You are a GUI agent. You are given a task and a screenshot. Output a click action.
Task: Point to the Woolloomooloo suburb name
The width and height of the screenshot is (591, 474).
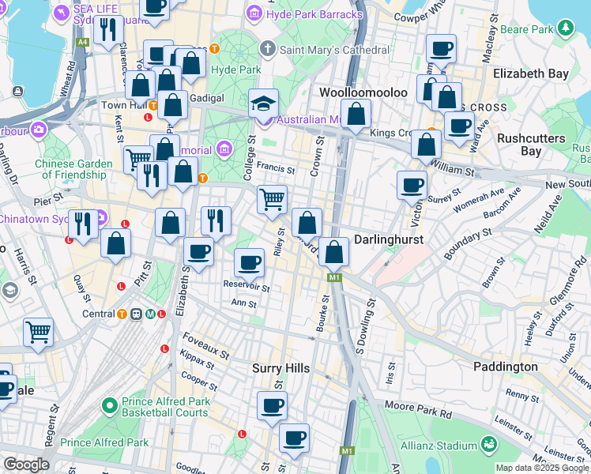(x=363, y=92)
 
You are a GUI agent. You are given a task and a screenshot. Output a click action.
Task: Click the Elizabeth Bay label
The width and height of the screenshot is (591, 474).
(x=530, y=73)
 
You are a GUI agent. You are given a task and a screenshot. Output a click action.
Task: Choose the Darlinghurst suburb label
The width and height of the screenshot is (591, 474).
(x=390, y=239)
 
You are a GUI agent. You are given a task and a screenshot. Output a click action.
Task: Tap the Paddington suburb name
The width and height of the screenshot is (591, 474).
(x=506, y=367)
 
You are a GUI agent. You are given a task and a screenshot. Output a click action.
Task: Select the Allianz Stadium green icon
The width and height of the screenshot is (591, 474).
(x=490, y=447)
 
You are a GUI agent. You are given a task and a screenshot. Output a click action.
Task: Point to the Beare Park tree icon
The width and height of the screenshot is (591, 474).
(x=565, y=28)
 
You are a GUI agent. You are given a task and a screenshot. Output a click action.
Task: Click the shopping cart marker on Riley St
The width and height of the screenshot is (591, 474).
(x=272, y=198)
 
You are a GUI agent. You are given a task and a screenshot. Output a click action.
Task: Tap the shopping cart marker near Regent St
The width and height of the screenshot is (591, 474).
(x=38, y=333)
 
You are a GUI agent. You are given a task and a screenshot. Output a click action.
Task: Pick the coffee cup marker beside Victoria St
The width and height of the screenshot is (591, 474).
(x=411, y=186)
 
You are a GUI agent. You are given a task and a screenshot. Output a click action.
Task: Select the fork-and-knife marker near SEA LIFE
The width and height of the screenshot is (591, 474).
(x=106, y=30)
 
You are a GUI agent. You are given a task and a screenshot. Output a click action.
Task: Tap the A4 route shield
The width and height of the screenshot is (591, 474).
(x=83, y=43)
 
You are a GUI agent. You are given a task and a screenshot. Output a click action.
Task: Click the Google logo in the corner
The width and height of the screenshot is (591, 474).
(x=26, y=465)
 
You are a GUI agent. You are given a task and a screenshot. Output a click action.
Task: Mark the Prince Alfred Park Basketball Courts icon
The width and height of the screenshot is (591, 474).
(x=111, y=407)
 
